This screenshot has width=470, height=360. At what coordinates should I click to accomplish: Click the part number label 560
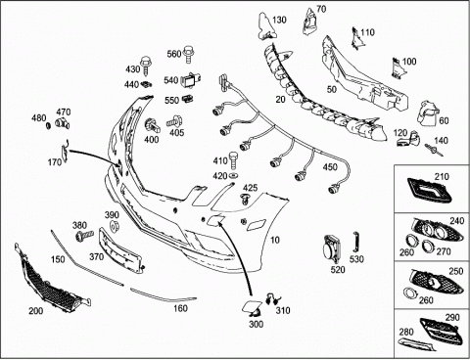(174, 54)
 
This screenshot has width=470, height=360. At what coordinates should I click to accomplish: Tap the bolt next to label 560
(188, 55)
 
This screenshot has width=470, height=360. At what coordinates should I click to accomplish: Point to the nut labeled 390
(115, 226)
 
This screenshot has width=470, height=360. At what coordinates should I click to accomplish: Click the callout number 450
(330, 167)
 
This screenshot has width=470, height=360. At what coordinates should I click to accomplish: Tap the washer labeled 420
(234, 176)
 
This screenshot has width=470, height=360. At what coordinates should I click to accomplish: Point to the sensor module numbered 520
(332, 248)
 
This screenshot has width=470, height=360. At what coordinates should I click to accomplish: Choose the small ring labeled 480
(48, 125)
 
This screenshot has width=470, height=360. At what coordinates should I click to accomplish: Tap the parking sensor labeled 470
(62, 123)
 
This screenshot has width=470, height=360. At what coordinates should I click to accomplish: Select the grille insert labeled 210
(429, 190)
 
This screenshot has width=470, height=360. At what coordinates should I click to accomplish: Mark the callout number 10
(275, 240)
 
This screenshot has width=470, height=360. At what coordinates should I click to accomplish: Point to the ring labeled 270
(426, 245)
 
